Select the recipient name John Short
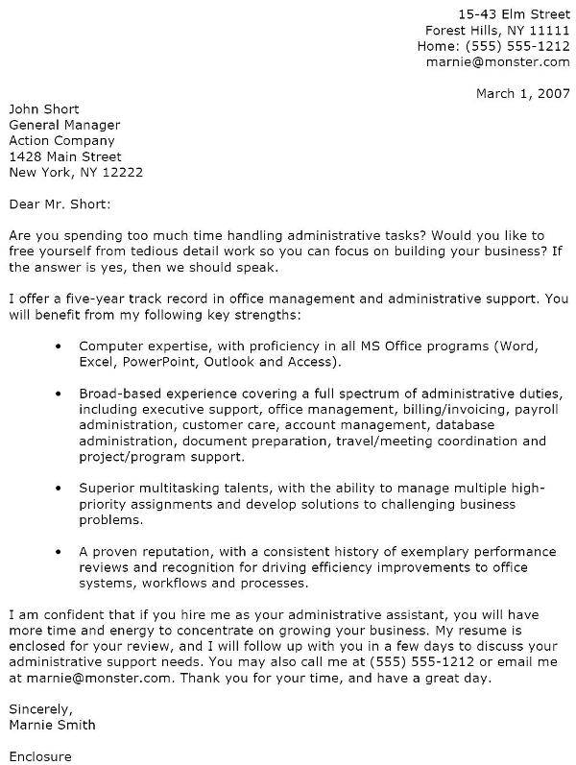click(x=43, y=108)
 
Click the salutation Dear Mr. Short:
click(x=60, y=203)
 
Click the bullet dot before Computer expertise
click(x=61, y=345)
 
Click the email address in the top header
click(x=499, y=61)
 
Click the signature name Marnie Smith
click(x=54, y=725)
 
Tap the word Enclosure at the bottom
click(x=41, y=756)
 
